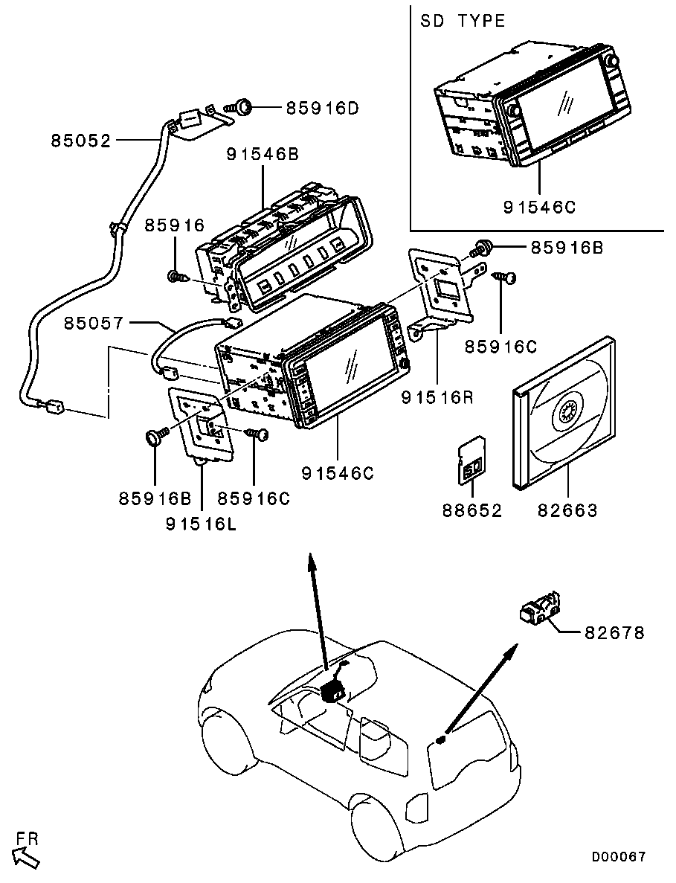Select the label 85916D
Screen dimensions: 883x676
coord(323,109)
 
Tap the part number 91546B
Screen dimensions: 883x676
coord(263,155)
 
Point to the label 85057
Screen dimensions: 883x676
coord(92,324)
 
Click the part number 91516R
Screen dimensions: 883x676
coord(437,398)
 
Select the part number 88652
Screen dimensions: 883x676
coord(473,510)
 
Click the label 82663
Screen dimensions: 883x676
coord(567,510)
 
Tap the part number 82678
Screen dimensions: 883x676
coord(614,633)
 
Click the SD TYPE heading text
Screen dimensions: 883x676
coord(463,21)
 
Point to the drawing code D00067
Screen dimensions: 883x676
coord(619,857)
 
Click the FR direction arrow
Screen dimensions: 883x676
coord(26,855)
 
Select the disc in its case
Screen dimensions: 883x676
coord(563,413)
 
